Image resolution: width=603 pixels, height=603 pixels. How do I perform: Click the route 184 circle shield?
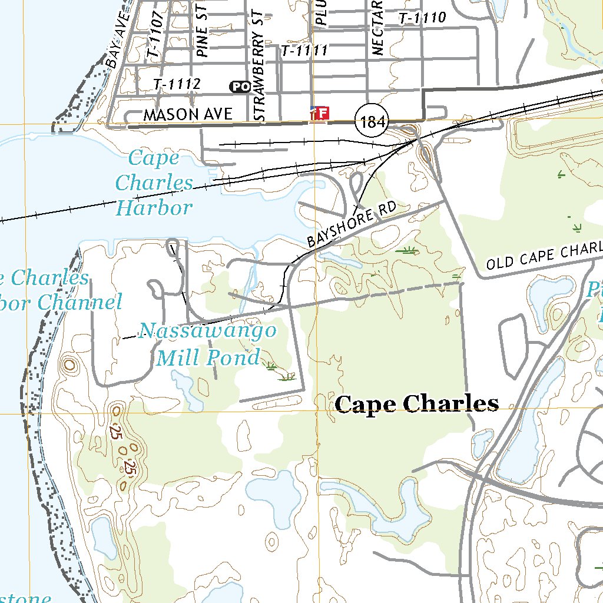[x=373, y=122]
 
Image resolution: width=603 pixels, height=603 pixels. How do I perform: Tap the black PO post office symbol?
[x=239, y=87]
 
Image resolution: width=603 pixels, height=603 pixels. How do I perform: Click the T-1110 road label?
[x=422, y=18]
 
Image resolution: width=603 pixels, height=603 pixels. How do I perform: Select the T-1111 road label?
[x=304, y=51]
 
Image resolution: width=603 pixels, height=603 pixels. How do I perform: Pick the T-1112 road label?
[x=177, y=85]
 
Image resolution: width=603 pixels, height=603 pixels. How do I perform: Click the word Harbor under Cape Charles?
[x=154, y=207]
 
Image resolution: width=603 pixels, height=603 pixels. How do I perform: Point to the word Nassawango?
[x=207, y=330]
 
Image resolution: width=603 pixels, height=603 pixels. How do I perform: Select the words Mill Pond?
[x=208, y=357]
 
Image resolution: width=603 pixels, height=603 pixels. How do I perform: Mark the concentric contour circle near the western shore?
[x=70, y=365]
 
